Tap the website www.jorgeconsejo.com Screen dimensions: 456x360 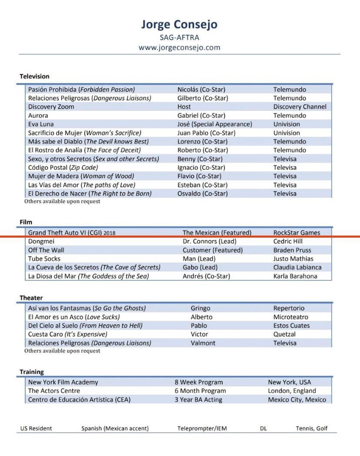(179, 47)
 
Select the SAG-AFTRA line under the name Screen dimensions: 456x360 (179, 37)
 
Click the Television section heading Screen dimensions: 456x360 (34, 76)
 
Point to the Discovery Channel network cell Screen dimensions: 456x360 (300, 107)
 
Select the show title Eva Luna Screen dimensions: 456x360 (41, 124)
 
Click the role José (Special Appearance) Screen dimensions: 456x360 (214, 124)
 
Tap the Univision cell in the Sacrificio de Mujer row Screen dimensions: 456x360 (287, 133)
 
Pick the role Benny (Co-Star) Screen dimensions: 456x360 (200, 159)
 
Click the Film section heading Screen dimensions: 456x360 (26, 222)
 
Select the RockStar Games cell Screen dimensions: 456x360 (297, 233)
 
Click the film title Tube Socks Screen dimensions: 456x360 (44, 259)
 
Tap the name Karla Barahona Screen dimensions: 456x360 (295, 276)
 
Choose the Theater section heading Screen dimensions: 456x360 (31, 298)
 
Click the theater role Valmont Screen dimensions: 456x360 (203, 343)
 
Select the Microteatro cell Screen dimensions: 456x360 (290, 317)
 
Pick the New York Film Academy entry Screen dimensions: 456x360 (63, 382)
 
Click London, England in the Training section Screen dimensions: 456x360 (292, 391)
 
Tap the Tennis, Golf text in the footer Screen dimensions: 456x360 (312, 428)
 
